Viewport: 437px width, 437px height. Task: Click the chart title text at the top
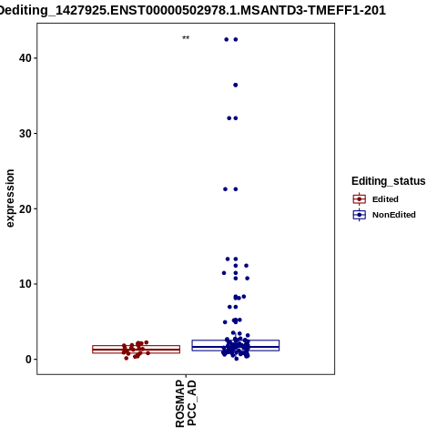pyautogui.click(x=192, y=10)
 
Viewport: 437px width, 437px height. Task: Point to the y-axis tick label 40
pyautogui.click(x=25, y=58)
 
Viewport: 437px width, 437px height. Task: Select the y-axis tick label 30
pyautogui.click(x=25, y=134)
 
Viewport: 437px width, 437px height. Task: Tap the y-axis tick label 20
pyautogui.click(x=25, y=208)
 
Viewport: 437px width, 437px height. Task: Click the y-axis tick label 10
pyautogui.click(x=25, y=284)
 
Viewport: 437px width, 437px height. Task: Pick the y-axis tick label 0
pyautogui.click(x=28, y=360)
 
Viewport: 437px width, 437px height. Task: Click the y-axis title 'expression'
pyautogui.click(x=10, y=198)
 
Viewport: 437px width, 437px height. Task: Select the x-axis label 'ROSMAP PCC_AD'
pyautogui.click(x=186, y=403)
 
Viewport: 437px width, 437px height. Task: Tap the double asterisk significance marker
pyautogui.click(x=186, y=38)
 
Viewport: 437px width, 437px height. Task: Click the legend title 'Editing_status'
pyautogui.click(x=389, y=181)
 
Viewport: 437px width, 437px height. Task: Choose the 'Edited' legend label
pyautogui.click(x=385, y=199)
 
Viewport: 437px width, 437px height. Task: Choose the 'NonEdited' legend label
pyautogui.click(x=394, y=215)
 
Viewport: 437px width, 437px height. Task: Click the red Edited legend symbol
pyautogui.click(x=360, y=199)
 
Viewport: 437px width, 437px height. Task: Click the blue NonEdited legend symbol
pyautogui.click(x=360, y=215)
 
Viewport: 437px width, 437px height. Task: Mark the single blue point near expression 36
pyautogui.click(x=236, y=85)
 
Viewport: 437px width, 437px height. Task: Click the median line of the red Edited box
pyautogui.click(x=137, y=350)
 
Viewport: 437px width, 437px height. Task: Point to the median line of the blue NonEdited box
pyautogui.click(x=236, y=347)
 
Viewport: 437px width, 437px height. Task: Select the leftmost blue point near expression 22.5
pyautogui.click(x=225, y=189)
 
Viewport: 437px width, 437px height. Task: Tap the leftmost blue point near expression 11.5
pyautogui.click(x=224, y=273)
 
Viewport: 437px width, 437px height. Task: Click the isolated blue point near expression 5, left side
pyautogui.click(x=225, y=322)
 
